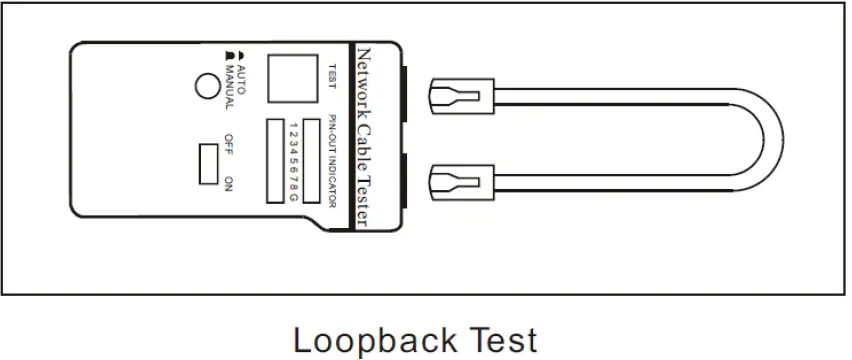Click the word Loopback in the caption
[376, 340]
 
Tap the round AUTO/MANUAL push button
[207, 87]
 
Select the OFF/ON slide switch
[208, 163]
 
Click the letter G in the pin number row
[294, 197]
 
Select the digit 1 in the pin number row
[294, 123]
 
